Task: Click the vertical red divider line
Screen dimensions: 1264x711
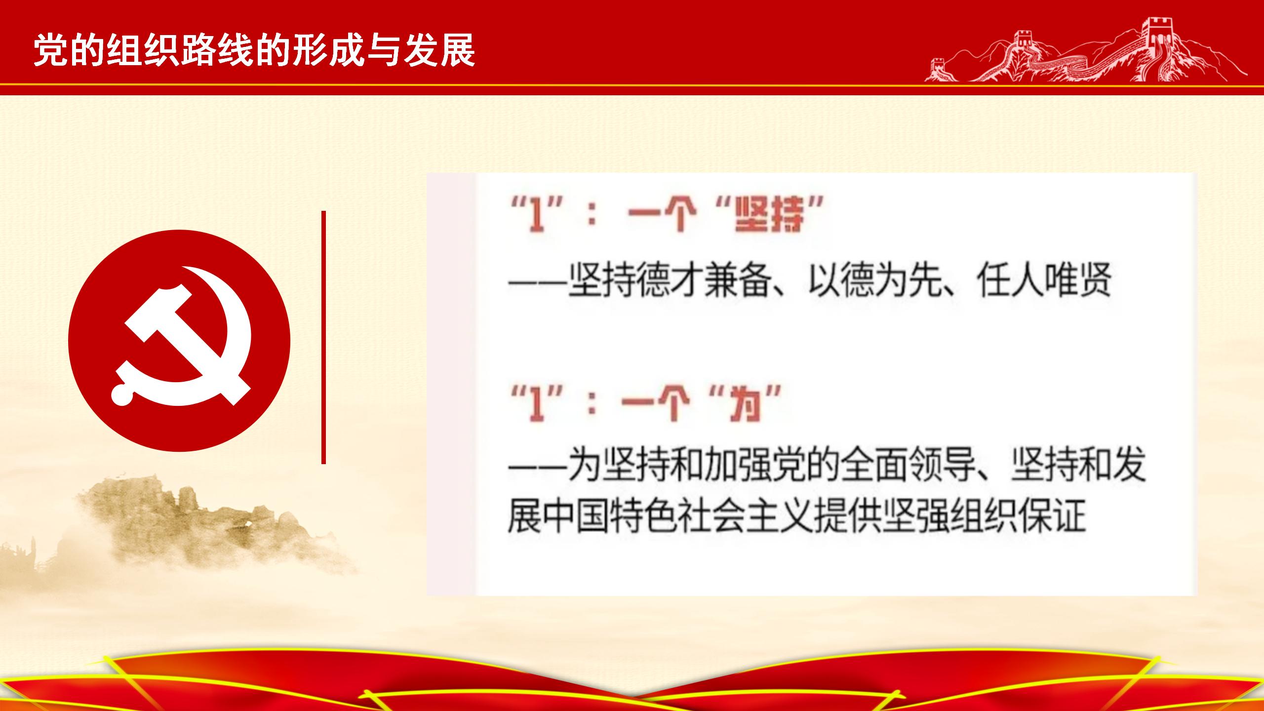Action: pyautogui.click(x=323, y=337)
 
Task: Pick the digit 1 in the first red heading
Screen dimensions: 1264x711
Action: pyautogui.click(x=533, y=216)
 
